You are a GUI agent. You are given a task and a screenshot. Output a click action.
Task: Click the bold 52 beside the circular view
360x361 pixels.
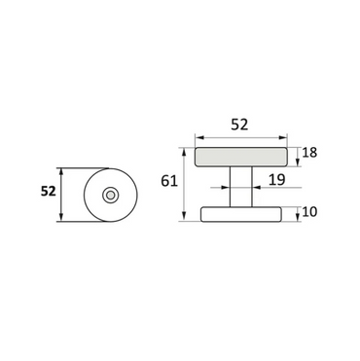tap(49, 192)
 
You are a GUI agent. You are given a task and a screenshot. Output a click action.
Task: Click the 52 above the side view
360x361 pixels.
tap(239, 125)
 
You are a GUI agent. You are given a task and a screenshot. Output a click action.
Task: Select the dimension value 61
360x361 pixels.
tap(169, 181)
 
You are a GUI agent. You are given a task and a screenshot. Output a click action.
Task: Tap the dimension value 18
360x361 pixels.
tap(309, 153)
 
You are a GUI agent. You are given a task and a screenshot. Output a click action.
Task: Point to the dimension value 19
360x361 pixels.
tap(276, 179)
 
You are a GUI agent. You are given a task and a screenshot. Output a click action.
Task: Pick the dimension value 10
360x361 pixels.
tap(309, 212)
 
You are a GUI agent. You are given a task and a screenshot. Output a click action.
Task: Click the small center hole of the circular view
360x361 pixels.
tap(111, 195)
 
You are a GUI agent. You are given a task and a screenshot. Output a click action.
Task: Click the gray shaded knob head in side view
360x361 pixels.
tap(241, 157)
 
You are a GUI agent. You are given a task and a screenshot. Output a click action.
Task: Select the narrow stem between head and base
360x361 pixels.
tap(241, 187)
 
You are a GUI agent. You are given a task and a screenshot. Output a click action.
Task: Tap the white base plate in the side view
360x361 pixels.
tap(241, 214)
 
